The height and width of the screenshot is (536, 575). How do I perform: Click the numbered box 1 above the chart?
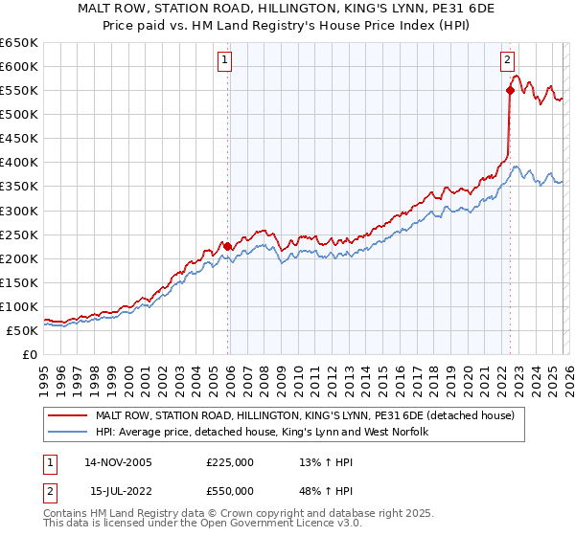coord(224,60)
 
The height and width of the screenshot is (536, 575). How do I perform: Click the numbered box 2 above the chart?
coord(507,60)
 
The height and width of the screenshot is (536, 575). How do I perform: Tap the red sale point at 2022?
coord(510,91)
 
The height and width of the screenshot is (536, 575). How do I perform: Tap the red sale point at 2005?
coord(227,246)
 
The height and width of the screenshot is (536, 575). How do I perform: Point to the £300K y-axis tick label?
coord(18,211)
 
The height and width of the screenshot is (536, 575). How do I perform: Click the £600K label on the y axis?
coord(18,66)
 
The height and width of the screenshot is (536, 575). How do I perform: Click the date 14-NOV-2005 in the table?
coord(118,461)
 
